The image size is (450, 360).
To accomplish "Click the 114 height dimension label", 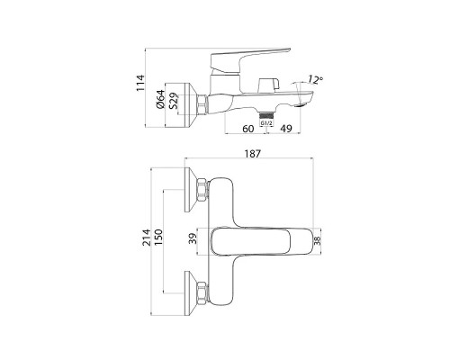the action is click(140, 83).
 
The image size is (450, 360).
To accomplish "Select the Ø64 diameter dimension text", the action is click(160, 99).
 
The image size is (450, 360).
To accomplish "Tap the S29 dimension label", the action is click(173, 102).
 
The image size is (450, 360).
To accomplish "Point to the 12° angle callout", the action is click(315, 79).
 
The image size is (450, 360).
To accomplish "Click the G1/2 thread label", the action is click(266, 123).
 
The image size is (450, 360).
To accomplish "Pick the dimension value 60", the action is click(247, 129).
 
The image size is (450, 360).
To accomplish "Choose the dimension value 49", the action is click(286, 129).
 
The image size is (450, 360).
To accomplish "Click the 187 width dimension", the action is click(253, 154).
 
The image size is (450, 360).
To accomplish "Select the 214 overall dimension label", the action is click(147, 238).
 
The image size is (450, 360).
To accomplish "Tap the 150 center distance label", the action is click(158, 238).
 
